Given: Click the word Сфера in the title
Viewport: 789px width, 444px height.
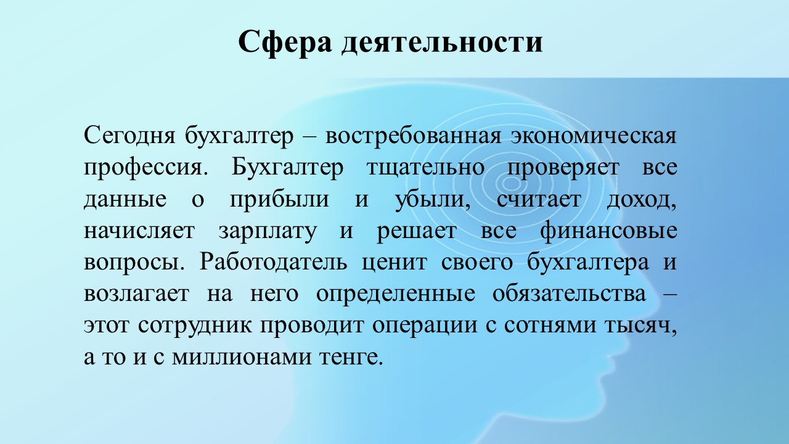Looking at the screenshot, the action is tap(285, 43).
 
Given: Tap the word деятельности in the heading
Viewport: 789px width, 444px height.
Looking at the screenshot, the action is tap(442, 43).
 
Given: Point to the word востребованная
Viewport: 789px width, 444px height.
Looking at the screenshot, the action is tap(413, 136).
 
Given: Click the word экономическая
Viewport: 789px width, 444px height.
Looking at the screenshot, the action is tap(594, 136).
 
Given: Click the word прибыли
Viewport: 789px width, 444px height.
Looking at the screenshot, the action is tap(279, 200).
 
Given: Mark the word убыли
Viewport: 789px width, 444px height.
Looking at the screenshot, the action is tap(433, 199).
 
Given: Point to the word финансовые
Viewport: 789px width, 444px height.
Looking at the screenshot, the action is tap(608, 231).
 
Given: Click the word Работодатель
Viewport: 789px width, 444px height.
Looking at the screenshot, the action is tap(273, 263).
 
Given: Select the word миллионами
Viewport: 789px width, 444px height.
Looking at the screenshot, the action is tap(242, 358).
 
